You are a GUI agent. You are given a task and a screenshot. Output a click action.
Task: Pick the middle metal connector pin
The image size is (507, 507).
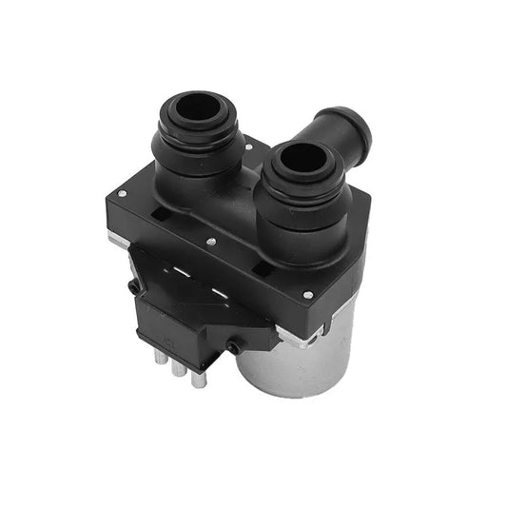[x=178, y=369]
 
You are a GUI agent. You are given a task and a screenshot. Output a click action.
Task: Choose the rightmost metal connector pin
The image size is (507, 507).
[x=198, y=379]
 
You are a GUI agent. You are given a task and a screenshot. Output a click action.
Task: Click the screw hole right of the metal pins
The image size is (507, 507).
[x=231, y=348]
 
